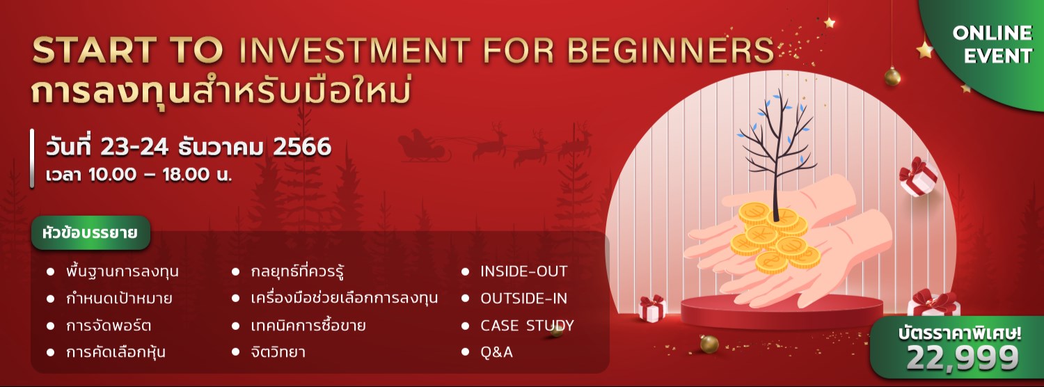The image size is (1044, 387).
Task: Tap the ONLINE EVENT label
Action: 992,44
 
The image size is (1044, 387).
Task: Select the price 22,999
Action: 963,358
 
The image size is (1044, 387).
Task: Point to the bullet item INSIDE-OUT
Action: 523,271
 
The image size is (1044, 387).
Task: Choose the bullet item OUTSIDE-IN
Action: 523,299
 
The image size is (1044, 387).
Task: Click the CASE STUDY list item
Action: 527,326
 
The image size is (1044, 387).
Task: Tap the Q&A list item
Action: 496,352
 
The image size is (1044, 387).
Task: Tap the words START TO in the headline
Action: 128,51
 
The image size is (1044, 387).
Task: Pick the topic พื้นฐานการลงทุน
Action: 122,271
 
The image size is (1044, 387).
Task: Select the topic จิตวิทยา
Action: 278,352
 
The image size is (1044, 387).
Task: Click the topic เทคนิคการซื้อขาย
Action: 308,326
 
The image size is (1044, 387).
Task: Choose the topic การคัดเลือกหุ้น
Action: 116,352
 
